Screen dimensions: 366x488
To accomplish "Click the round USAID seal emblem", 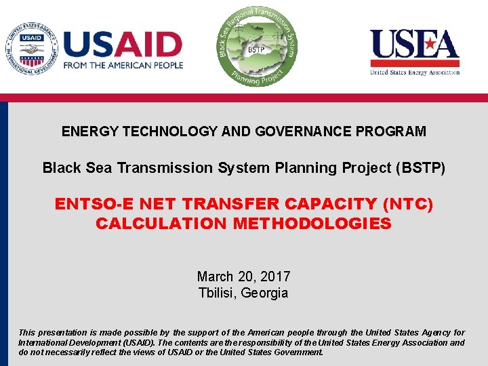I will click(32, 49).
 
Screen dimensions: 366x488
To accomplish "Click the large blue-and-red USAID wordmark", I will click(123, 44).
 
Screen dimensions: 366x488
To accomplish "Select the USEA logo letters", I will click(414, 45).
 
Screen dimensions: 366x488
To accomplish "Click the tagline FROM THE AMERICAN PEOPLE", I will click(123, 66).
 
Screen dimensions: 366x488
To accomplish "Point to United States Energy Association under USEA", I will click(414, 72).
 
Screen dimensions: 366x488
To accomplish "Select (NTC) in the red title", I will click(408, 204).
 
